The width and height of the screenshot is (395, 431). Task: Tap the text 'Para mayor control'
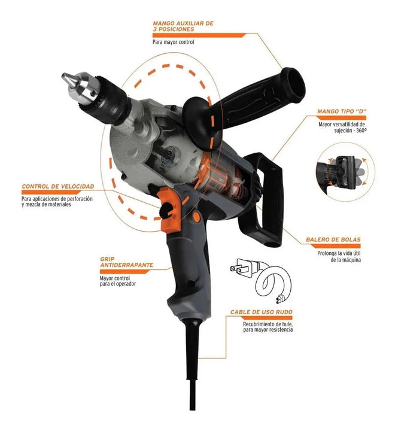point(173,43)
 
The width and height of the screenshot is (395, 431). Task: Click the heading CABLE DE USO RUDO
point(261,312)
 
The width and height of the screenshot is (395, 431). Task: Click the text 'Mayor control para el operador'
point(118,281)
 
